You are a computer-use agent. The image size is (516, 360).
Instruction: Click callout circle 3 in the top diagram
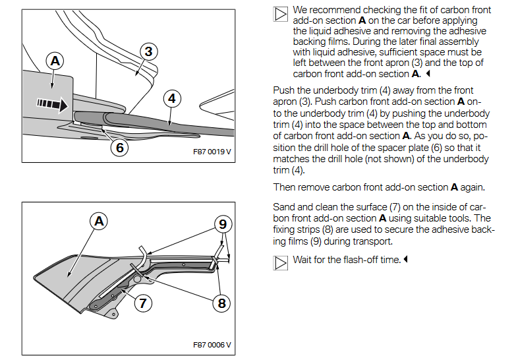pyautogui.click(x=149, y=51)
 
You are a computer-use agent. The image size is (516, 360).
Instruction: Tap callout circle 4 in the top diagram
pyautogui.click(x=171, y=99)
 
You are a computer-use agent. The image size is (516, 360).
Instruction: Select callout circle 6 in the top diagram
pyautogui.click(x=119, y=146)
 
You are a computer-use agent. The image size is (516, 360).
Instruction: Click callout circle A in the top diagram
pyautogui.click(x=55, y=61)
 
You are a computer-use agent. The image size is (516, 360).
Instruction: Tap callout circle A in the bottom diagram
pyautogui.click(x=100, y=222)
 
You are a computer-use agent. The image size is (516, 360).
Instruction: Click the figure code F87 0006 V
pyautogui.click(x=212, y=344)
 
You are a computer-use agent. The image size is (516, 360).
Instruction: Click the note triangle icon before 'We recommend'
pyautogui.click(x=280, y=14)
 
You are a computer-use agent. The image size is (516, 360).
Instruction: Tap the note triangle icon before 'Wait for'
pyautogui.click(x=280, y=262)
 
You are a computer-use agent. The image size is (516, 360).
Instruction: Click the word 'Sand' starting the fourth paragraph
pyautogui.click(x=283, y=207)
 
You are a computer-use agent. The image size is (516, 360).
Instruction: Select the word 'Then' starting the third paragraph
pyautogui.click(x=284, y=187)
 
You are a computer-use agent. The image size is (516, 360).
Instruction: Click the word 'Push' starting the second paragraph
pyautogui.click(x=283, y=90)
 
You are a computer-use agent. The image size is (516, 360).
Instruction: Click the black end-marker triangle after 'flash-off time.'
pyautogui.click(x=406, y=260)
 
